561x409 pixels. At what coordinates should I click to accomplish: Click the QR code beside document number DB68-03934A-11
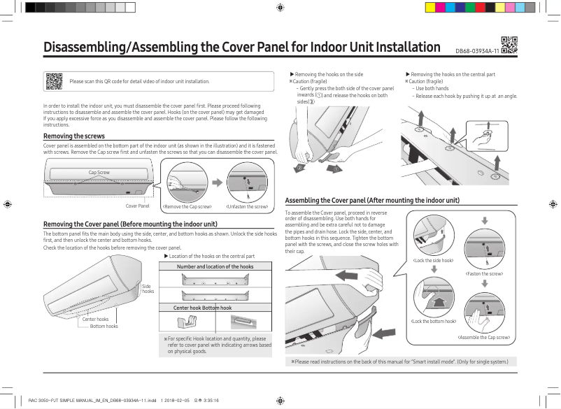coord(509,45)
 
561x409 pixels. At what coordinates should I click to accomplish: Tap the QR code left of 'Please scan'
coord(54,81)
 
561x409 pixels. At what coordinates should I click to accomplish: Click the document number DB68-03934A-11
coord(477,52)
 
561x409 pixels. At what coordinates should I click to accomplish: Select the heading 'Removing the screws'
coord(74,136)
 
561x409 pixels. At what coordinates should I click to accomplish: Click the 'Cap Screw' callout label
coord(99,172)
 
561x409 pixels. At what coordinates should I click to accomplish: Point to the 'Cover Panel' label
coord(138,206)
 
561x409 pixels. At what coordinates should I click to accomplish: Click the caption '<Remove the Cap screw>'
coord(187,207)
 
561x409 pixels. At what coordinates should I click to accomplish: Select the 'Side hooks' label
coord(148,288)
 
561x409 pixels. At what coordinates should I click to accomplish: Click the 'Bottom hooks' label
coord(104,326)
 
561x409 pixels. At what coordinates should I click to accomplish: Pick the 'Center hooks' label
coord(95,319)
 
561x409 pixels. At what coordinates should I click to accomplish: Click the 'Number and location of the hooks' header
coord(215,266)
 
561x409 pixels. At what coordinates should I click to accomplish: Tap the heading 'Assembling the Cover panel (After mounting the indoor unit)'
coord(372,200)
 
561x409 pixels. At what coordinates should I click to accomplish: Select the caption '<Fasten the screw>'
coord(484,273)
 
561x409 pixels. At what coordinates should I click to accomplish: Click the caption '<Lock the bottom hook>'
coord(434,321)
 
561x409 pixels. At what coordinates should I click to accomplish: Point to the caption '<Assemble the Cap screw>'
coord(483,338)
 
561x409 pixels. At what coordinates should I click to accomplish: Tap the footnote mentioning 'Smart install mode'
coord(395,361)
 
